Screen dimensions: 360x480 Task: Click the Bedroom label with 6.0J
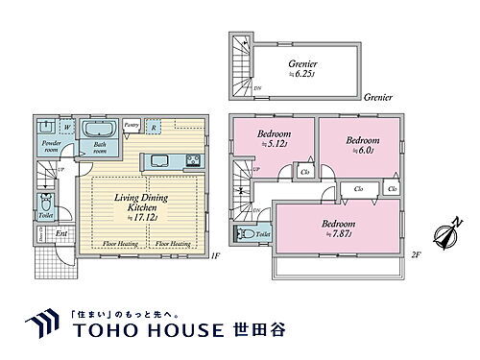[x=361, y=144]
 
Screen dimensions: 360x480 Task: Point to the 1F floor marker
[x=216, y=256]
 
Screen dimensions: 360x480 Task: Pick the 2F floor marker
[x=415, y=256]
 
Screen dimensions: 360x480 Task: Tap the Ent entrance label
[x=60, y=233]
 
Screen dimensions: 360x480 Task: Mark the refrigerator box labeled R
[x=154, y=125]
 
